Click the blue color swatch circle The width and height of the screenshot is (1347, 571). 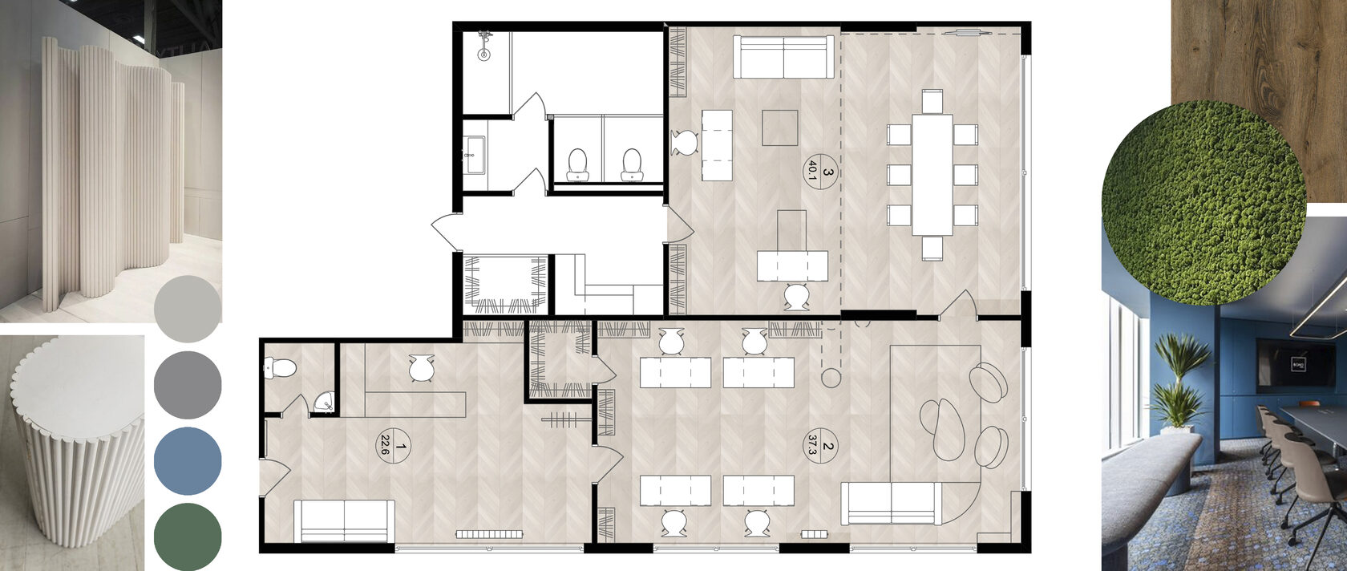pyautogui.click(x=188, y=461)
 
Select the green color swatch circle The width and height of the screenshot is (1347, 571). pyautogui.click(x=188, y=537)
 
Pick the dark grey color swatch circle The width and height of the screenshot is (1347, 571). pyautogui.click(x=188, y=385)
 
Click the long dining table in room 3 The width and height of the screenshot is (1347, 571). pyautogui.click(x=932, y=175)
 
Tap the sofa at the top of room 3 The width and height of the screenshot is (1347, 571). pyautogui.click(x=783, y=57)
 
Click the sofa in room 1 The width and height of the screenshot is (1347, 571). pyautogui.click(x=345, y=520)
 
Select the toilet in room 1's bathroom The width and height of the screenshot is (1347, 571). pyautogui.click(x=281, y=366)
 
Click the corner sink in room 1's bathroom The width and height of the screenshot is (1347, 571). pyautogui.click(x=324, y=403)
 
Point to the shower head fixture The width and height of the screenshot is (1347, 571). pyautogui.click(x=484, y=47)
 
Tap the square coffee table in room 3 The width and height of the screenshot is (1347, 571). pyautogui.click(x=780, y=128)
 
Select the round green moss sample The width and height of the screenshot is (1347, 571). pyautogui.click(x=1204, y=202)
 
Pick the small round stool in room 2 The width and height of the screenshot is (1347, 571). pyautogui.click(x=831, y=378)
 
